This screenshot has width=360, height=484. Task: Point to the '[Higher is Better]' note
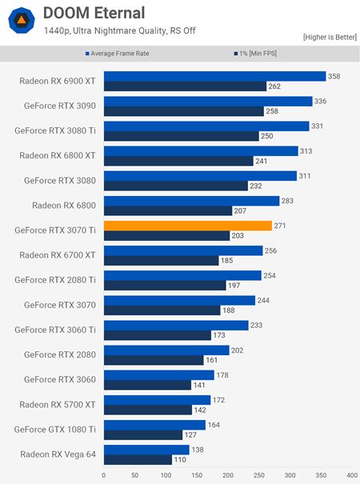328,38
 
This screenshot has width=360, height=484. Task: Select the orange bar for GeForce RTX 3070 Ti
188,226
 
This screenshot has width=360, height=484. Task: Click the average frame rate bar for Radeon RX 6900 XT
214,76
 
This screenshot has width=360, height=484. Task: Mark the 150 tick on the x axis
196,474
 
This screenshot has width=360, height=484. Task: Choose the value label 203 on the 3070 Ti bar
238,235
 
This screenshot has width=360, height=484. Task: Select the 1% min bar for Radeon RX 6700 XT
161,260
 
